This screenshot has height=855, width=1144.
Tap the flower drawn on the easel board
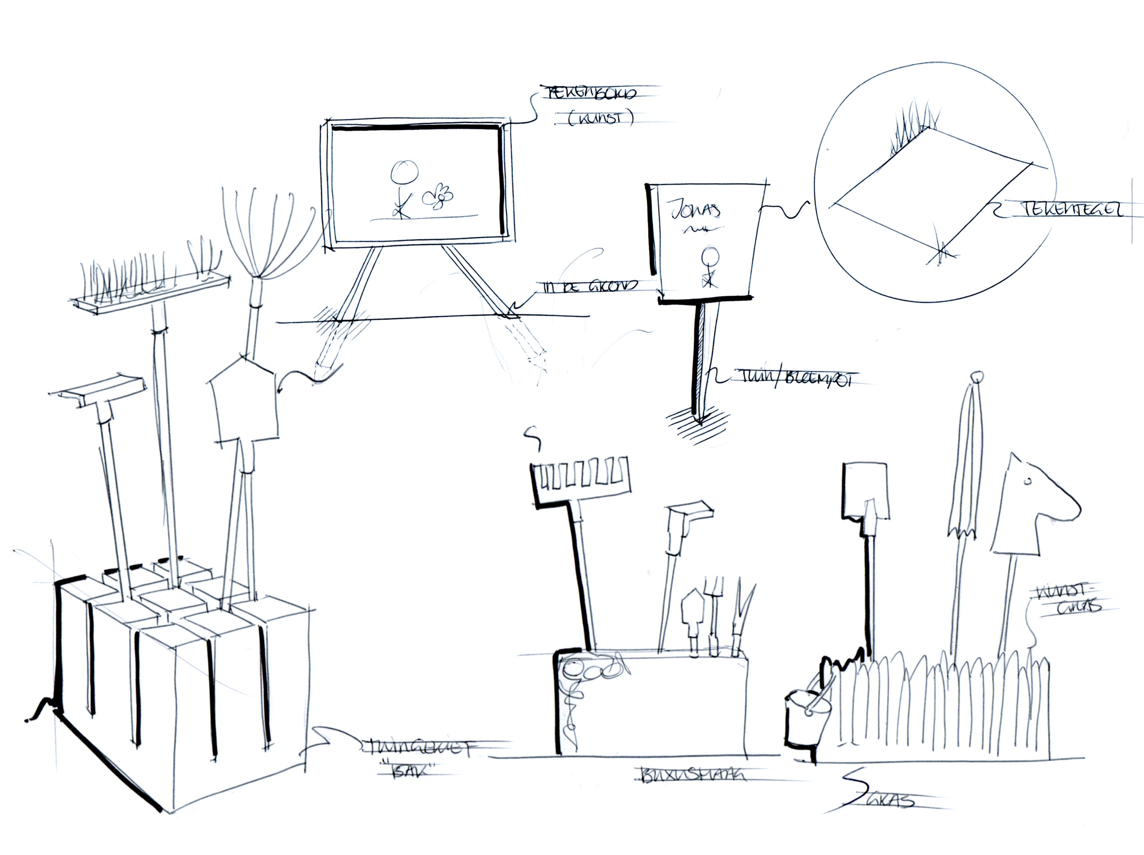[x=439, y=196]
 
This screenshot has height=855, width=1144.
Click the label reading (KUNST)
[x=600, y=118]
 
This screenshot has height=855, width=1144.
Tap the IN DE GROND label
[x=590, y=286]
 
